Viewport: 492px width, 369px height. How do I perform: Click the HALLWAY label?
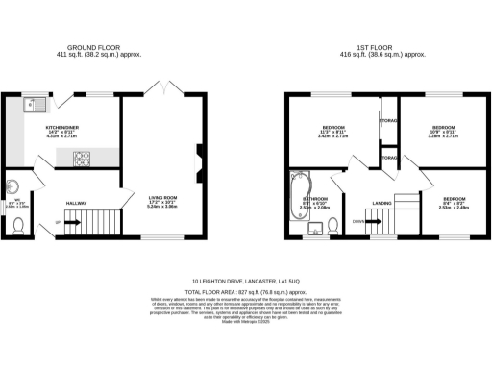tap(76, 203)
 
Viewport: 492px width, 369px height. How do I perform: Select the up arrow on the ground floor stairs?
tap(59, 222)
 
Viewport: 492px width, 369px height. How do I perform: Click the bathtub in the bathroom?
tap(296, 188)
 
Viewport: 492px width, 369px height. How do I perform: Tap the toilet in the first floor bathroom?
tap(332, 226)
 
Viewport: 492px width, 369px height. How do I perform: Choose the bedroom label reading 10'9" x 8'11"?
tap(442, 131)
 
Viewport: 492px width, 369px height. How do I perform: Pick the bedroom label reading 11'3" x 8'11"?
tap(333, 131)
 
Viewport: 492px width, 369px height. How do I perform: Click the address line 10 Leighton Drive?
tap(245, 282)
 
